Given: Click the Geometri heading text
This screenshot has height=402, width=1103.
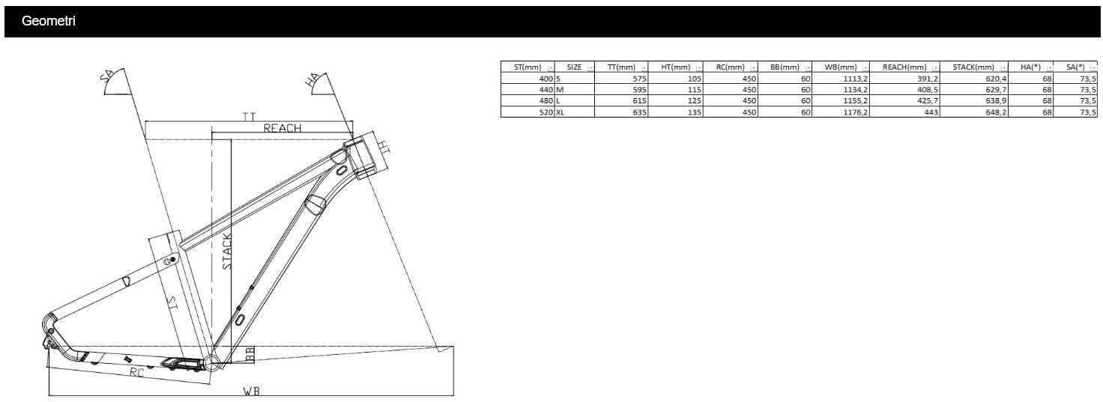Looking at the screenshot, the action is pyautogui.click(x=48, y=21).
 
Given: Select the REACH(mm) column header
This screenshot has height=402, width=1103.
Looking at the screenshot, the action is pyautogui.click(x=904, y=67).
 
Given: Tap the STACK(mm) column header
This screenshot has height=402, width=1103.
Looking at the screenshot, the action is pyautogui.click(x=973, y=67).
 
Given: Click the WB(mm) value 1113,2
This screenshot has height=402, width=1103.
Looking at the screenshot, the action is pyautogui.click(x=855, y=79).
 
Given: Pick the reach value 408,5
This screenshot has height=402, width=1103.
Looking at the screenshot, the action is pyautogui.click(x=928, y=90).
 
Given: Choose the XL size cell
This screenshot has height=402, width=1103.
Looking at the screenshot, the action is pyautogui.click(x=560, y=112).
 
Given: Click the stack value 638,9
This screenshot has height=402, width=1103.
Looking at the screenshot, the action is pyautogui.click(x=996, y=101).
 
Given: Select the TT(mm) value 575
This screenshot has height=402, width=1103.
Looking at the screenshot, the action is pyautogui.click(x=639, y=79).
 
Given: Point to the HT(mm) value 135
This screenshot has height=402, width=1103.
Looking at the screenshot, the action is pyautogui.click(x=695, y=112).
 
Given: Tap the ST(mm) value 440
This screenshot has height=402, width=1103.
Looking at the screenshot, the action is pyautogui.click(x=546, y=90).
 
